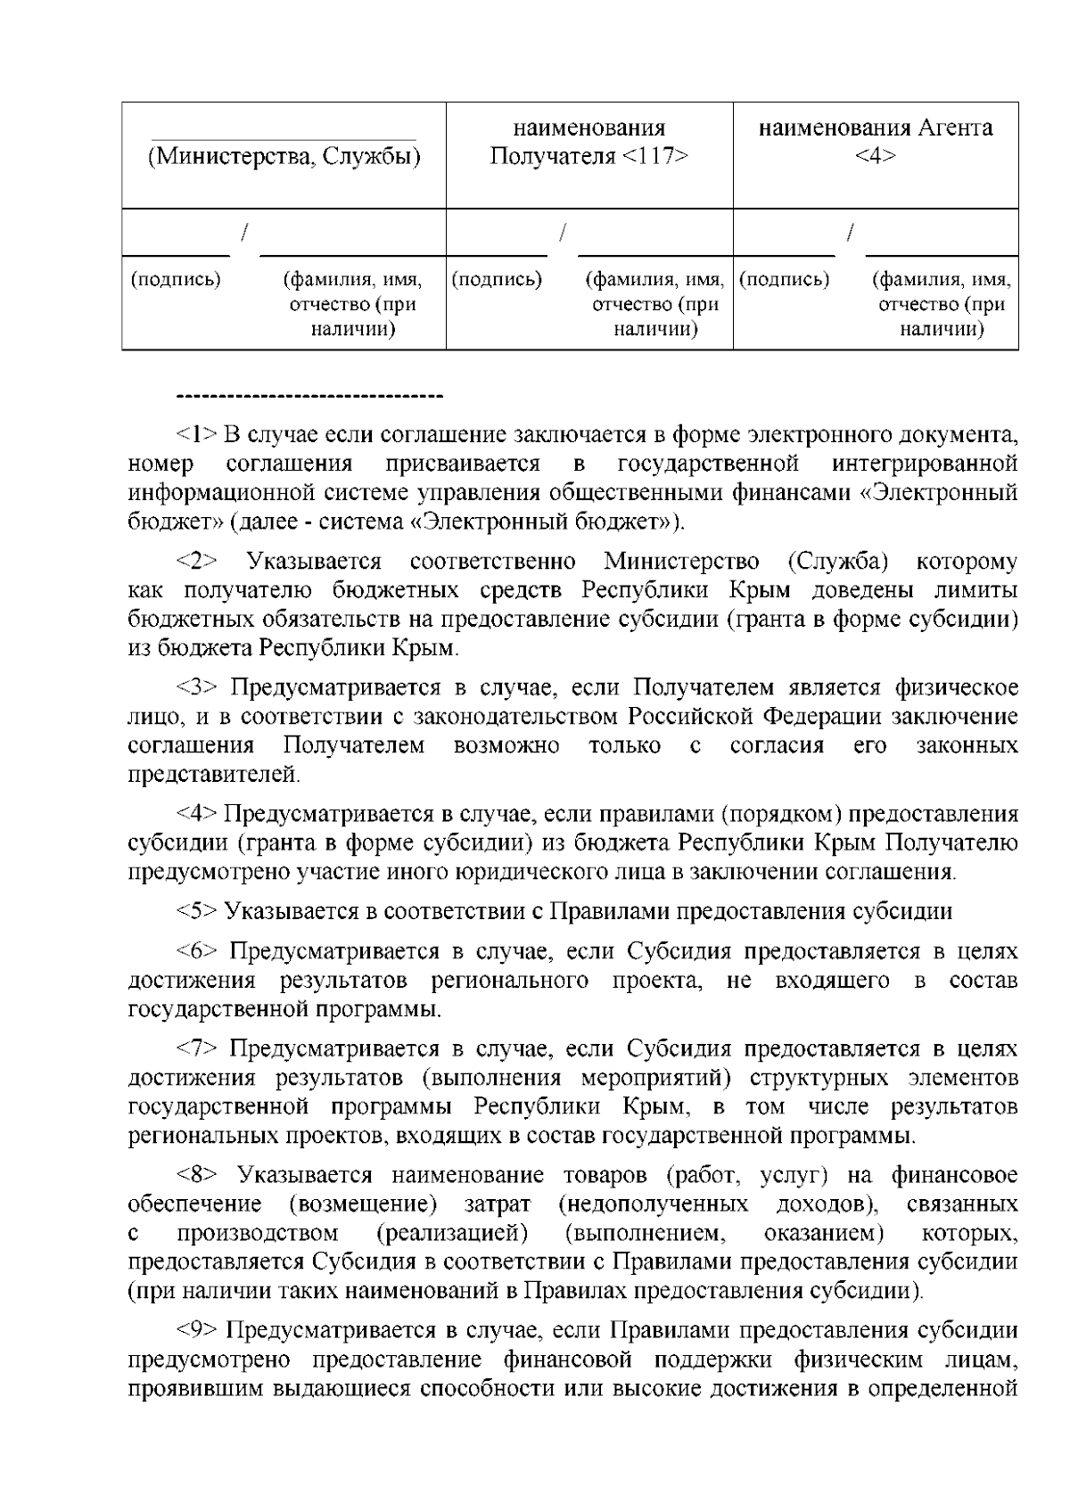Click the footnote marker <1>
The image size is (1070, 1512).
[x=197, y=435]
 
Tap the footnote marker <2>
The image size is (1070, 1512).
[x=197, y=562]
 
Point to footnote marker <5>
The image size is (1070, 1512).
[x=197, y=911]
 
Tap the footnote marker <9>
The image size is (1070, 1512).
[x=197, y=1330]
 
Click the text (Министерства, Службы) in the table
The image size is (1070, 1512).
[x=284, y=158]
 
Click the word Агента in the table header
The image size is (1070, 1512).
[x=946, y=127]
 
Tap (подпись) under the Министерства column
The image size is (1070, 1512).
[x=176, y=280]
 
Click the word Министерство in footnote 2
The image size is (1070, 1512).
[x=681, y=562]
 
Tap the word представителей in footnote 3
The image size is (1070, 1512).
[x=215, y=774]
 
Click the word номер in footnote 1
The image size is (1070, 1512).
[x=160, y=464]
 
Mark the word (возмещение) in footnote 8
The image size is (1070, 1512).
[x=363, y=1204]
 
